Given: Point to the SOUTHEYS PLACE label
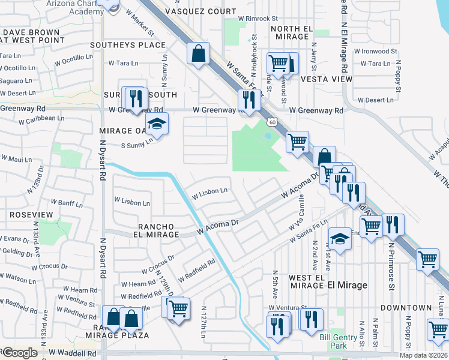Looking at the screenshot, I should point(127,45).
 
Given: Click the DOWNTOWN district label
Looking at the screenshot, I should point(409,308).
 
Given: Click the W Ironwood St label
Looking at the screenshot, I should point(375,52).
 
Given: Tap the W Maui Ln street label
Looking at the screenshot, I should point(17,159).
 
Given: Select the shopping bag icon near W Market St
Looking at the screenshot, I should point(197,53).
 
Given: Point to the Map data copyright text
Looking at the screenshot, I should point(423,355).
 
